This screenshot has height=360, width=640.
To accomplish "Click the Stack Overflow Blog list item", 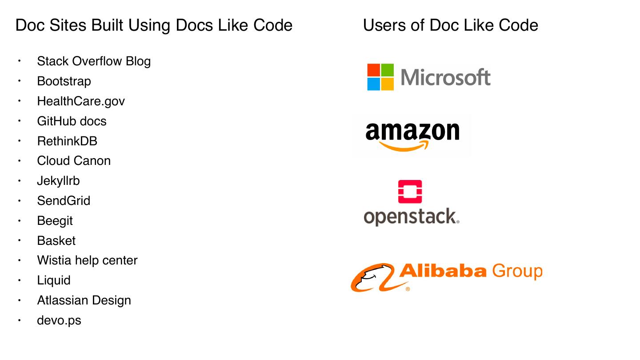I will [94, 61].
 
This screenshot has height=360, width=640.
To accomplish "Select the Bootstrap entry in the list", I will [64, 81].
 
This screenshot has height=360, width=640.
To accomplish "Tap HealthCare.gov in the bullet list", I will [81, 101].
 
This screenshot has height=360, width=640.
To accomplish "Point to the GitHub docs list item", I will [72, 121].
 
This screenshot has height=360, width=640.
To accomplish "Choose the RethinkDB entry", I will [67, 141].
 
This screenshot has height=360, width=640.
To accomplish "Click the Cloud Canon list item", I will [74, 161].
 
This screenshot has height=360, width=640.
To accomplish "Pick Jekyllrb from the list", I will [58, 181].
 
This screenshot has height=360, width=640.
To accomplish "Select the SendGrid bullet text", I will [64, 201].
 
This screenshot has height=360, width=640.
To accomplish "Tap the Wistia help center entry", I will [87, 260].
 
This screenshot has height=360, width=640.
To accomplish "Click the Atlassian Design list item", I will [84, 300].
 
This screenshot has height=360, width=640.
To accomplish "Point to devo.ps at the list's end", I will [59, 320].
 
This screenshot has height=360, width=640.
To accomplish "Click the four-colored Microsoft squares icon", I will [380, 77].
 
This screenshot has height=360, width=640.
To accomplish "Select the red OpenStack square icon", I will [410, 192].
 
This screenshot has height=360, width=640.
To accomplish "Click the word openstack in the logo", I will [411, 217].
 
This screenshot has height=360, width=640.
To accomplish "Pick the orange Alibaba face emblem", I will [372, 277].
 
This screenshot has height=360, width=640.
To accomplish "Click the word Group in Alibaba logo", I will [517, 271].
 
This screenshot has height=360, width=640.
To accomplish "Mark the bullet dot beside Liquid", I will [20, 280].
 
